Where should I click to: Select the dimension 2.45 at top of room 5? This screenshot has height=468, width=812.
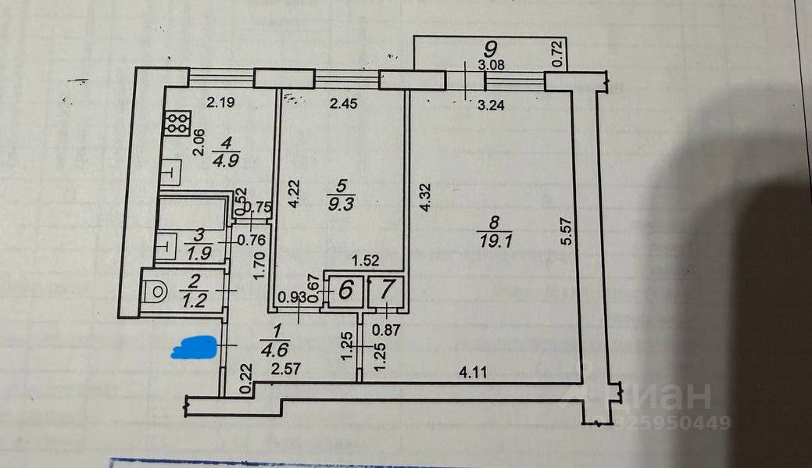(343, 102)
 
